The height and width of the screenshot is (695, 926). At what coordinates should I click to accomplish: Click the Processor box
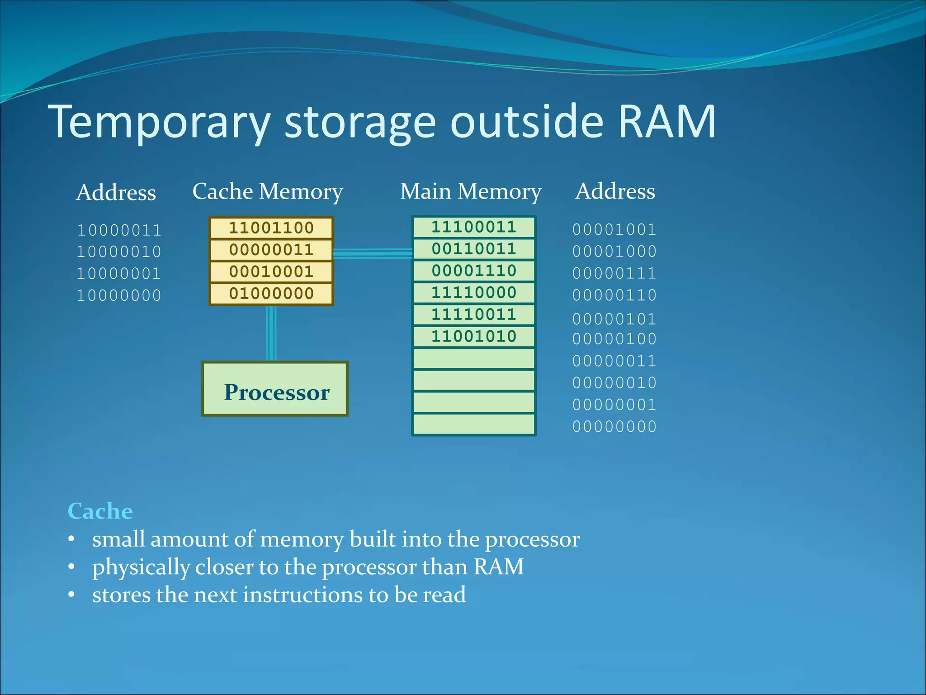274,389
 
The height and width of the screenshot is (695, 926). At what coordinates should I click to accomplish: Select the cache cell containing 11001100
271,228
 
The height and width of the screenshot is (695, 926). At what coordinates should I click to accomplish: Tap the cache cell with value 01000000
271,294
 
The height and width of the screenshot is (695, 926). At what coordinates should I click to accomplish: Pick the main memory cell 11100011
473,227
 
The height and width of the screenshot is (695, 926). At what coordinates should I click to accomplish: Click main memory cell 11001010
473,337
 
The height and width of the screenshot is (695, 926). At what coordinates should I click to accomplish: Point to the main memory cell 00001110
473,271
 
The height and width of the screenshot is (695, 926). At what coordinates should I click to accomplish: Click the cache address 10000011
119,230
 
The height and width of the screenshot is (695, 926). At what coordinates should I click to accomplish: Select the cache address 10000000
119,296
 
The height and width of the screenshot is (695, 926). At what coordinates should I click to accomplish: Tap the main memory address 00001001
614,229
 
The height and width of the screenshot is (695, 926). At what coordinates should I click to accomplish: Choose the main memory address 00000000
614,427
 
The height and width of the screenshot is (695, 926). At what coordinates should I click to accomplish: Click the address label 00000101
614,319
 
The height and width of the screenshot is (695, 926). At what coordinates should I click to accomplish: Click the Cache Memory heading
268,191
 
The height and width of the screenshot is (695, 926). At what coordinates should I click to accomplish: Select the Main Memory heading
471,191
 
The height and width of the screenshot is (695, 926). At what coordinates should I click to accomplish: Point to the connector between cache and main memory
373,253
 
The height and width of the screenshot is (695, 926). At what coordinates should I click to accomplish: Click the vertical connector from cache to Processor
271,333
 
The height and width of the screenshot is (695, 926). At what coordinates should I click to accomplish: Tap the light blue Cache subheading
100,511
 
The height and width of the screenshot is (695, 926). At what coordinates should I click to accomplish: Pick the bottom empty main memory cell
473,424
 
